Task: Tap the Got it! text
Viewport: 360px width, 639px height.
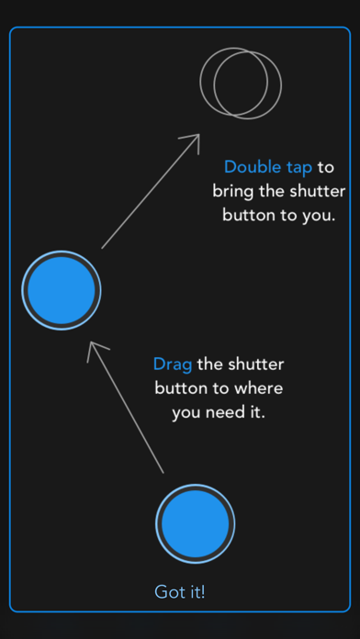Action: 179,592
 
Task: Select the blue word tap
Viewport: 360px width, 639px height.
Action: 298,168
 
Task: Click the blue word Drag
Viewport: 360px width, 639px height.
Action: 173,364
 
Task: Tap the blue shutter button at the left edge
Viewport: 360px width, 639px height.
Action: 62,290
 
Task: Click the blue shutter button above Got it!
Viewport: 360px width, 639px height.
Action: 196,523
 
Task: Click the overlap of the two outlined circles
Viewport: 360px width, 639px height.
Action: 241,84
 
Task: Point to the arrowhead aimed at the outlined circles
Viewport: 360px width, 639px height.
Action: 195,140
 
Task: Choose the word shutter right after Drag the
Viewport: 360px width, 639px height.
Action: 255,364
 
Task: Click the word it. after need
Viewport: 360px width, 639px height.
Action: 257,411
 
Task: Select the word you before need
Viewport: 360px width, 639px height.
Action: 186,413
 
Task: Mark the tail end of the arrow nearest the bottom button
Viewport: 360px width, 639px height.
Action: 163,473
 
